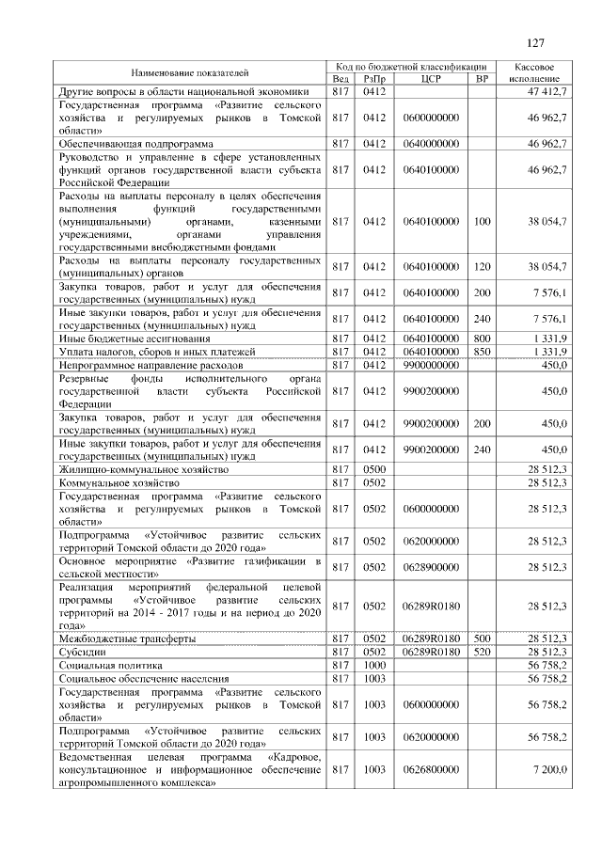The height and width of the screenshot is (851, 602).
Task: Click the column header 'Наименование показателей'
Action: (189, 71)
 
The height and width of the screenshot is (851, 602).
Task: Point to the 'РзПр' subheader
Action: (374, 78)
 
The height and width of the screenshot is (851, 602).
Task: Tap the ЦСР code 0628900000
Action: (432, 567)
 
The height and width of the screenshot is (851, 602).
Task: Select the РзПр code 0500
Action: (374, 468)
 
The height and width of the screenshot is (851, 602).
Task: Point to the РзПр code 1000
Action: (374, 664)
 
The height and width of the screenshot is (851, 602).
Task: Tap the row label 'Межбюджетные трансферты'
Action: (127, 638)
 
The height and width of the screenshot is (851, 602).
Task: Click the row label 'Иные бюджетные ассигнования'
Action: (135, 338)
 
